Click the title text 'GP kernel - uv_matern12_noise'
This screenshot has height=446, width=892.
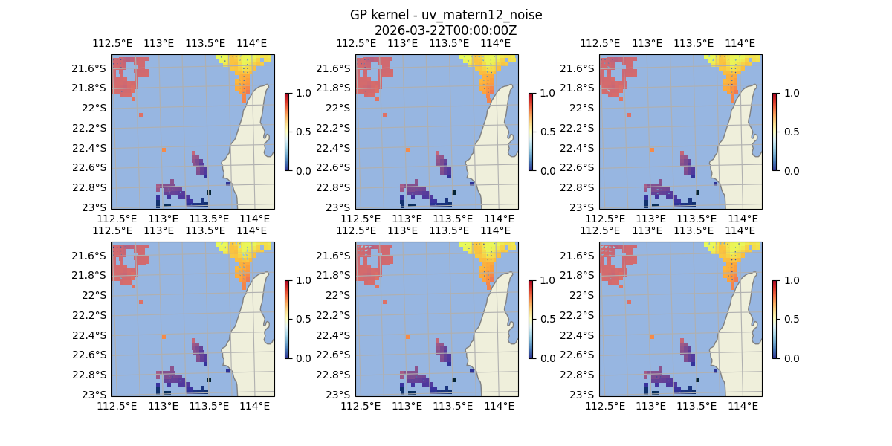click(446, 15)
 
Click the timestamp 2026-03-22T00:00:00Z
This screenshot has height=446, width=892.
click(446, 30)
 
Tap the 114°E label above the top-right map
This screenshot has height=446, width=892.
click(740, 43)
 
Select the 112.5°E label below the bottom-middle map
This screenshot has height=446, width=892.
click(361, 406)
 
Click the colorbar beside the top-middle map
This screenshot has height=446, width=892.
click(531, 132)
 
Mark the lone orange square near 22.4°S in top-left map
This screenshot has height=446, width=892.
click(164, 149)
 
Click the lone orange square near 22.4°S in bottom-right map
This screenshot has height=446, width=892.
click(652, 337)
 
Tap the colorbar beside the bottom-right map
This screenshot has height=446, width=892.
click(775, 319)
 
